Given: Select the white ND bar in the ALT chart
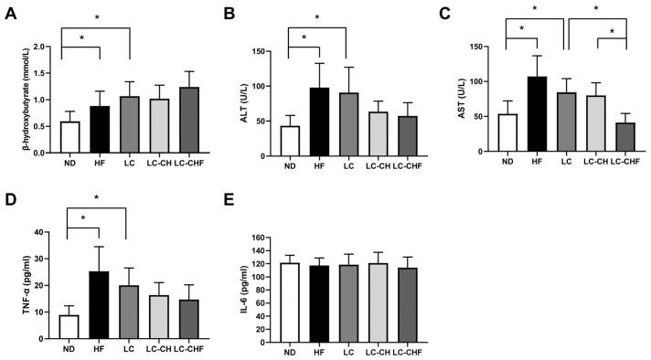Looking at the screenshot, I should [290, 141].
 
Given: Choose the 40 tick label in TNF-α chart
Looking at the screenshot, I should [40, 232].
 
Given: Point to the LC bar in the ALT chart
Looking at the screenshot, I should [347, 124].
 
